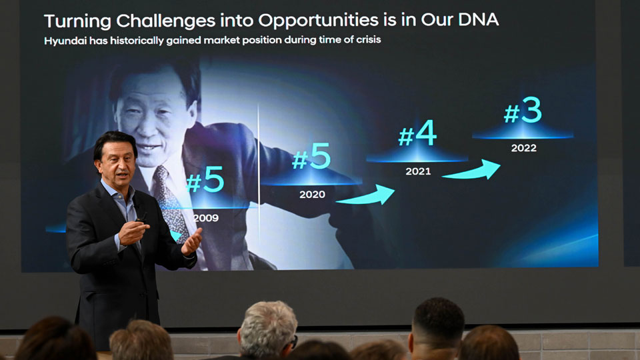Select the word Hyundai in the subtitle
[67, 41]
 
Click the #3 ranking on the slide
[523, 112]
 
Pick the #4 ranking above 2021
[417, 134]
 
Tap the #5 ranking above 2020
[311, 158]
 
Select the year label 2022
[523, 148]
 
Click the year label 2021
[418, 171]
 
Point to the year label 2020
[312, 195]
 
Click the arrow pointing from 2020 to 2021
[365, 195]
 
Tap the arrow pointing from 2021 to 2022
[471, 169]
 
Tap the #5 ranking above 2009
[205, 181]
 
